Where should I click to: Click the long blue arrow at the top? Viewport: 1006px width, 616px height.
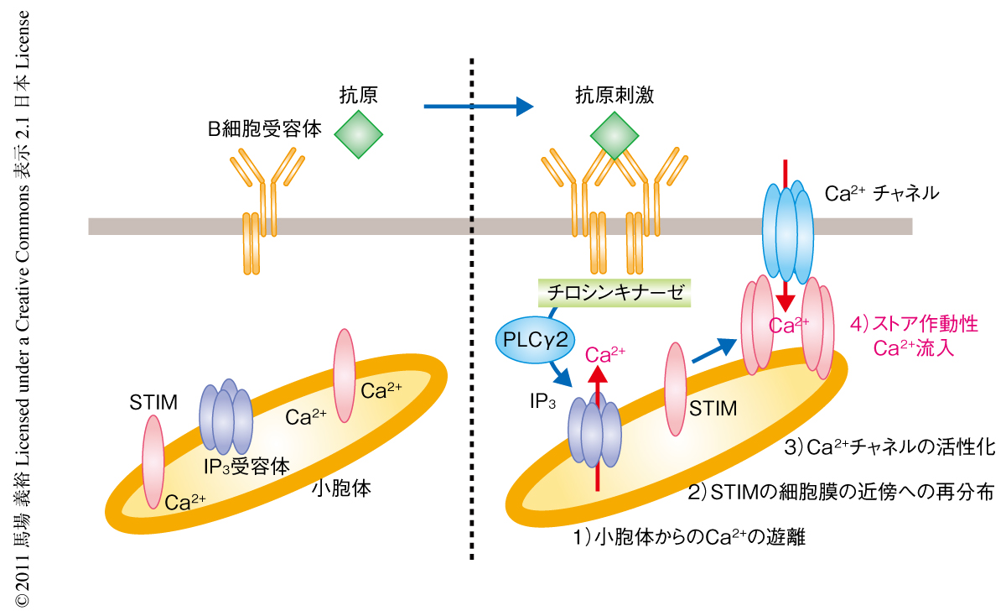coord(479,107)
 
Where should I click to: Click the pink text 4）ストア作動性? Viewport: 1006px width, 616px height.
coord(913,324)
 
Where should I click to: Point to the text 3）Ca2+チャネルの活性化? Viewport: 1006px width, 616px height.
coord(889,446)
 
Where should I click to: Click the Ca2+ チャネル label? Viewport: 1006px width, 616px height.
coord(881,194)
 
